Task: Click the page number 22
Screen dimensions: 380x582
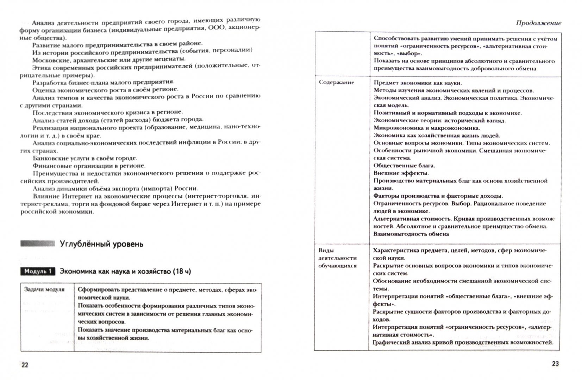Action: click(25, 365)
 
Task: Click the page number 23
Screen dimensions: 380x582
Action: click(555, 363)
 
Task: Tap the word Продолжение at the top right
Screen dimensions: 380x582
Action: click(538, 23)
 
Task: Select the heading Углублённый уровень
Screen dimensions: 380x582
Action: click(102, 244)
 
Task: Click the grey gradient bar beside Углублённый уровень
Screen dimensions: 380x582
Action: click(38, 243)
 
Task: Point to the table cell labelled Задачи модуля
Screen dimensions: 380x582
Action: click(44, 289)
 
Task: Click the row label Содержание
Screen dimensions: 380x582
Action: click(332, 82)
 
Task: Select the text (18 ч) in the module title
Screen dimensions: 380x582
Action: click(182, 271)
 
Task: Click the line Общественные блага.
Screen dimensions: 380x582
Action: click(404, 165)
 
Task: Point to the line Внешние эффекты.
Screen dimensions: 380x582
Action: click(401, 173)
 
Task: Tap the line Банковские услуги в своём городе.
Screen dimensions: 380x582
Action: click(85, 158)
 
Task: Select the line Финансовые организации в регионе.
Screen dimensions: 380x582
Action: click(89, 166)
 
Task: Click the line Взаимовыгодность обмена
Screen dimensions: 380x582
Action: click(411, 234)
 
